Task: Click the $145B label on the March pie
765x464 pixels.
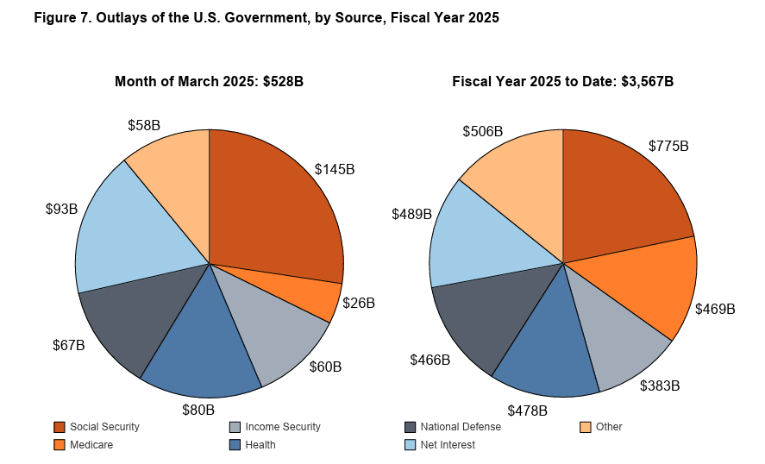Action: pos(335,170)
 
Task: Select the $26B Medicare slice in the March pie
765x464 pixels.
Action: pos(320,295)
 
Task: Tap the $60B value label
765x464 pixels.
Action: pos(325,367)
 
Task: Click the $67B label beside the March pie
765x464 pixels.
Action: pos(69,346)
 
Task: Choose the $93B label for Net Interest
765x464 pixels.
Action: pos(62,209)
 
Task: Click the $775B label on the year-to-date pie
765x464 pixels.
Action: pos(668,147)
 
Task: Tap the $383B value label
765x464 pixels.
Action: pos(660,386)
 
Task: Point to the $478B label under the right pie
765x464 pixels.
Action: pos(527,411)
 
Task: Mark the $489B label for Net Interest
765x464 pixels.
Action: pos(411,214)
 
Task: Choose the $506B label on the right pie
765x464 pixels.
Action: pos(482,132)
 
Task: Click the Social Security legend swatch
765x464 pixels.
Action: pos(60,427)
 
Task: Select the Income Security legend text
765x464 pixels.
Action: pos(282,427)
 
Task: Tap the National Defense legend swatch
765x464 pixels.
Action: pos(411,427)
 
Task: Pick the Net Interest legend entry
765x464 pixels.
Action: pos(446,445)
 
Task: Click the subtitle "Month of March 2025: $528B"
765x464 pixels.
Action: pos(209,81)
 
